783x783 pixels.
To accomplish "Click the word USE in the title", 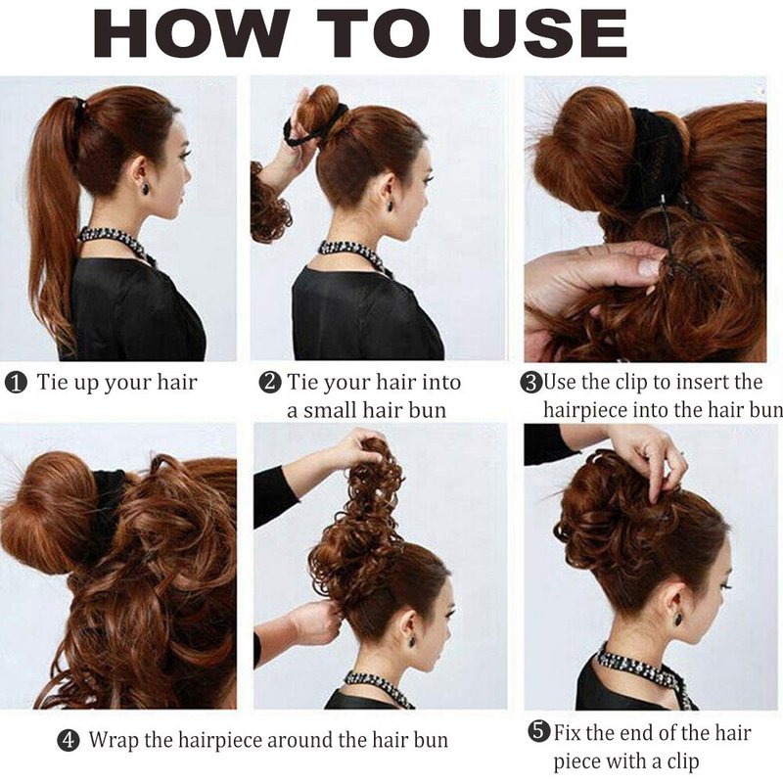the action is tap(545, 33).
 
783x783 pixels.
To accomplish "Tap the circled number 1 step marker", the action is tap(16, 383).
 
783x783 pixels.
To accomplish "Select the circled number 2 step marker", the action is tap(270, 383).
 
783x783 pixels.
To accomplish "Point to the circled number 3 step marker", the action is tap(530, 383).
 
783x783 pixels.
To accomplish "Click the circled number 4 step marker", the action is tap(69, 740).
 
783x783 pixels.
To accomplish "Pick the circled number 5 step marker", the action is tap(539, 732).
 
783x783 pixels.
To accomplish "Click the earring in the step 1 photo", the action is tap(149, 190).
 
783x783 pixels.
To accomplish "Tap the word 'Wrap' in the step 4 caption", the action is tap(115, 741).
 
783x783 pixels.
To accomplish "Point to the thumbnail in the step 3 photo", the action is tap(649, 268).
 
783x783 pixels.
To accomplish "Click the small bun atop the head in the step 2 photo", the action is tap(319, 108).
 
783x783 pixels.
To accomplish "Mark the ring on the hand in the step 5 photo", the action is tap(682, 453).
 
